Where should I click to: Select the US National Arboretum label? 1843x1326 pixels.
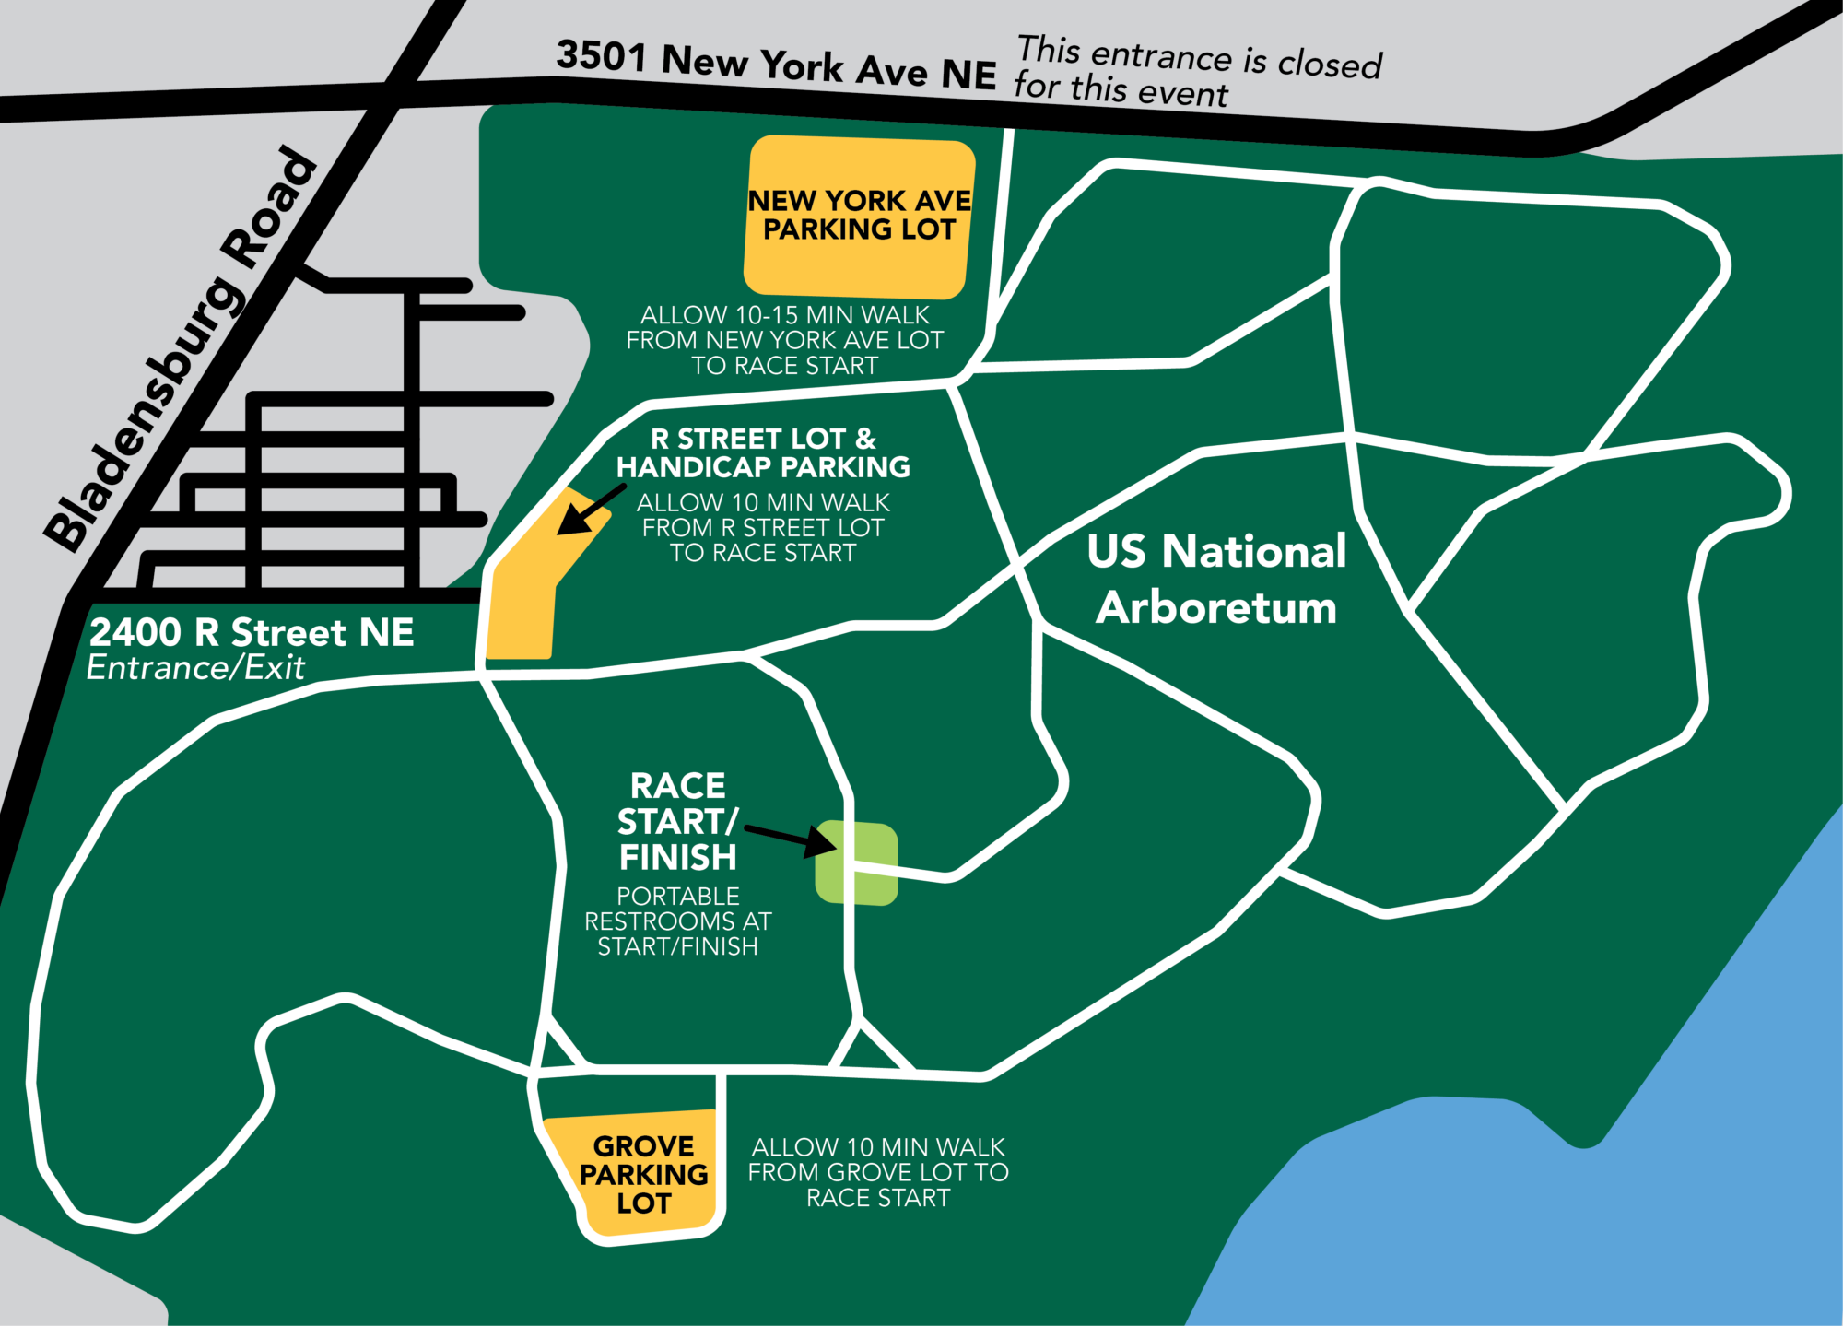1216,579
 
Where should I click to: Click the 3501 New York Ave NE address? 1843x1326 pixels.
776,64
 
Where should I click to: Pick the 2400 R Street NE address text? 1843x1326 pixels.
252,632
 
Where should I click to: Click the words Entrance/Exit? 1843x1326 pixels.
195,667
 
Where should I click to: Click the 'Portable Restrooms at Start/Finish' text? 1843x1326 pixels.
677,921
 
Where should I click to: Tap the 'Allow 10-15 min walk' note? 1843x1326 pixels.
784,340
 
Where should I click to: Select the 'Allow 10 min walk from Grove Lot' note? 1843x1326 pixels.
878,1172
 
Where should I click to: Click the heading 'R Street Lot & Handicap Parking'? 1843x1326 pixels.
763,452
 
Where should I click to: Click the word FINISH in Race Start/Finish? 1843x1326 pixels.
677,858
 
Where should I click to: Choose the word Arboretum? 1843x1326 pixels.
1216,608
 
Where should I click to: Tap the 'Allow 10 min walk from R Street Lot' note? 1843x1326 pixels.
763,528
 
